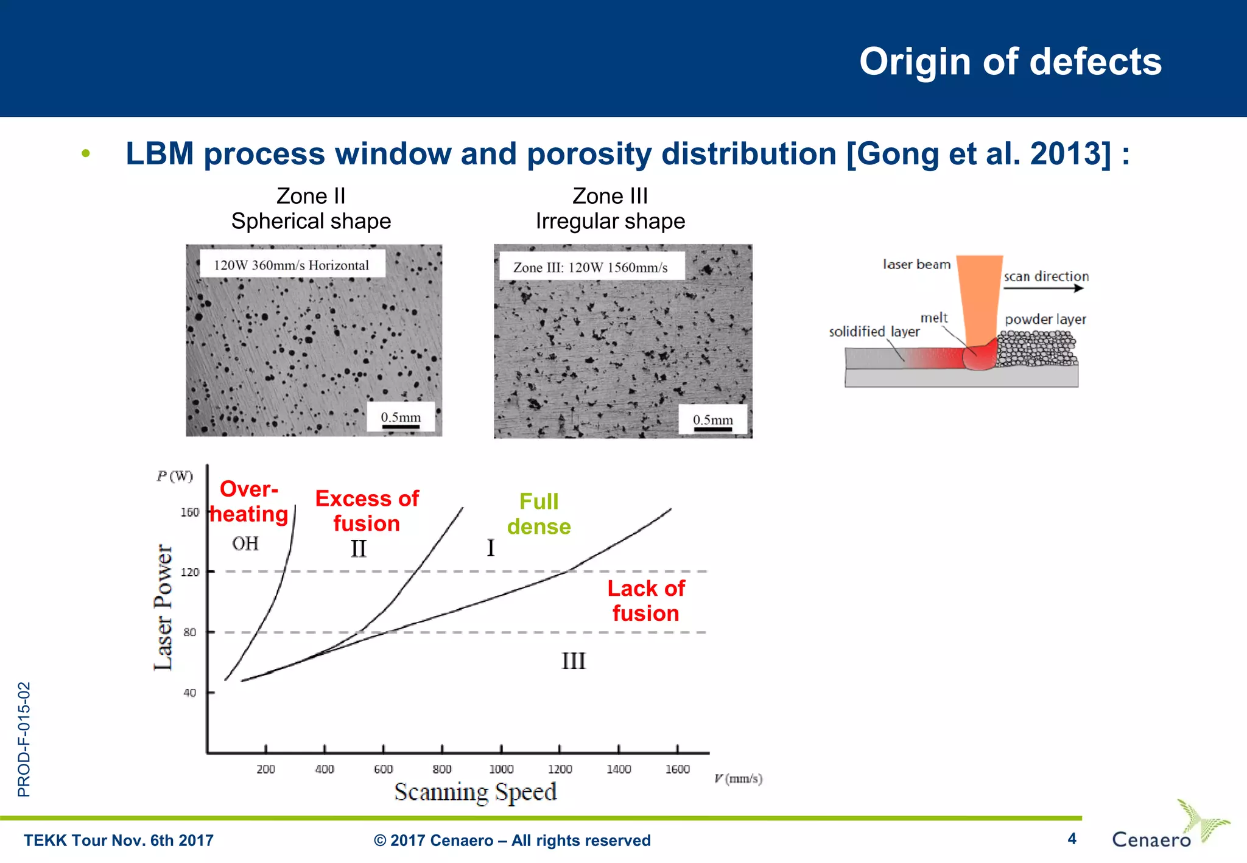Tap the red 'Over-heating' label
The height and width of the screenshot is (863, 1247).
point(249,502)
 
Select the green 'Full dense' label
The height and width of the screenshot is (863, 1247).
point(539,514)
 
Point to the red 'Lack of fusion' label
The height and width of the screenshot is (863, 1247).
point(646,601)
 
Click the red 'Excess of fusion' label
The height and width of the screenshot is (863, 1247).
point(367,511)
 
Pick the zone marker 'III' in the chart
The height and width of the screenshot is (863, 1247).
point(573,661)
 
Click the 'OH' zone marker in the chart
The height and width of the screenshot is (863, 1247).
point(245,543)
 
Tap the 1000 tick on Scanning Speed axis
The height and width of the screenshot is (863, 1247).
point(501,769)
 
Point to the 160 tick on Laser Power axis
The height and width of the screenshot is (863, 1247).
point(189,512)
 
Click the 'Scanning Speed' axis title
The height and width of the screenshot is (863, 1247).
point(476,792)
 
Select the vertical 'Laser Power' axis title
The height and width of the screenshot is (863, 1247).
point(163,607)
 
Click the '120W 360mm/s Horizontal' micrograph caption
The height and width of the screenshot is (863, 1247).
point(292,265)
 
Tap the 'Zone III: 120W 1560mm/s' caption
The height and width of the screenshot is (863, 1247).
point(591,267)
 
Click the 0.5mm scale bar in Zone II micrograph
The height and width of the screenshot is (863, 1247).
point(401,426)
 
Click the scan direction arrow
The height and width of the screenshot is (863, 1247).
point(1044,288)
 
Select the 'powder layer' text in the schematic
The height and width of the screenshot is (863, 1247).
point(1045,320)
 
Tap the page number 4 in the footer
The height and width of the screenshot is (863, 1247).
point(1072,839)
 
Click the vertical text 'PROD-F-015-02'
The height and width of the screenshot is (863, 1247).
point(24,739)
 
